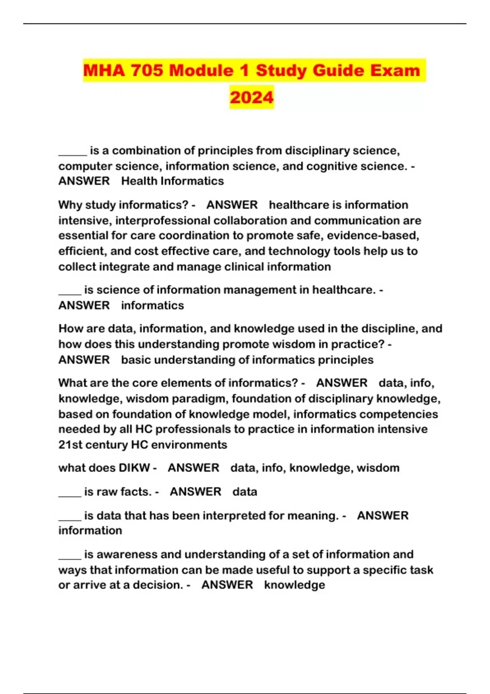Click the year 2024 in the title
[x=252, y=97]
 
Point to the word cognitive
[x=328, y=166]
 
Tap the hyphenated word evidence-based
[x=373, y=236]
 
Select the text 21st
[x=71, y=445]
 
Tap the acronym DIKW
[x=134, y=468]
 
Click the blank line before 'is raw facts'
[x=70, y=493]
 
